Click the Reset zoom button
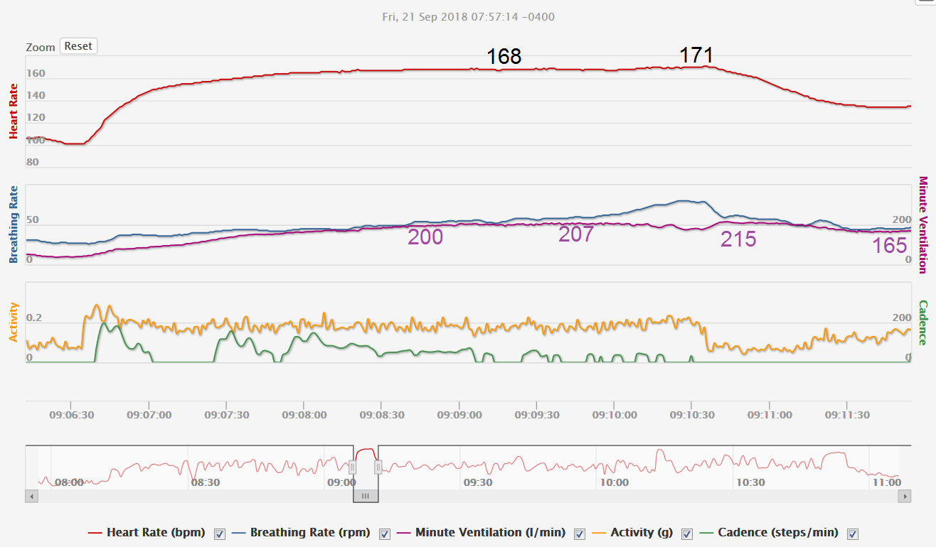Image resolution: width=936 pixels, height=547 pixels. [78, 46]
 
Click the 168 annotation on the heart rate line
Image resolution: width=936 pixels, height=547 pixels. [504, 57]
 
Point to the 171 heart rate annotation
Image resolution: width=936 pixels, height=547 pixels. [696, 55]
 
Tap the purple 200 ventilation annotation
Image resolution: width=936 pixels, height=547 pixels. [425, 237]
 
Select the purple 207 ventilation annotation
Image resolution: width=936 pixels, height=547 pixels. [575, 234]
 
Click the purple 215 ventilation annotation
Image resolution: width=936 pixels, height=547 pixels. [738, 239]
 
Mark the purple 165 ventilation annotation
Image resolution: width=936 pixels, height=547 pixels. [890, 246]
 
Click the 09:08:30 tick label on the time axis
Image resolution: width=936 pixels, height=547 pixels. [381, 414]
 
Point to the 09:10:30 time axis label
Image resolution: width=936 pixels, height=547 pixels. [691, 414]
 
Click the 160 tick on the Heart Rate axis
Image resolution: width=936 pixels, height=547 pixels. [36, 73]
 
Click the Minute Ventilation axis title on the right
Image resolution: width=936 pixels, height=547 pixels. [923, 224]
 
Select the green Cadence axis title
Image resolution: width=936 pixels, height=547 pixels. [923, 323]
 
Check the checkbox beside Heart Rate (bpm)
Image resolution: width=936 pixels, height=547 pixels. [220, 534]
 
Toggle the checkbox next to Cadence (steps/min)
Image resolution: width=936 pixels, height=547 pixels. [853, 534]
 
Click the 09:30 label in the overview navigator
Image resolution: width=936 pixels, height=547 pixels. [478, 482]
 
